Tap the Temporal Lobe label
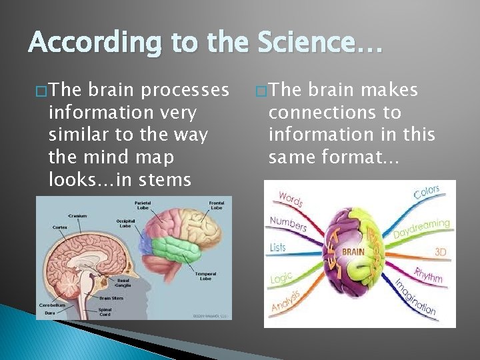coord(205,276)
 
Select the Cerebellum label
coord(51,305)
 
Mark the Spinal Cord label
coord(105,311)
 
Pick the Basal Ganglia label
coord(123,283)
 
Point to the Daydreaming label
coord(421,228)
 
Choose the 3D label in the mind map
coord(441,253)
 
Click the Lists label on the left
coord(278,247)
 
